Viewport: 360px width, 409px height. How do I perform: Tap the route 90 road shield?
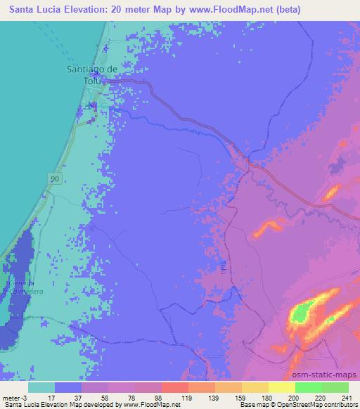click(x=55, y=180)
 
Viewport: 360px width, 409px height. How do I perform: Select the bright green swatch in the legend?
click(x=308, y=387)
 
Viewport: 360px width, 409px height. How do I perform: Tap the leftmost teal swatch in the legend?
click(x=41, y=387)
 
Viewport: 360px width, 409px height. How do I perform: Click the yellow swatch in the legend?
click(x=281, y=387)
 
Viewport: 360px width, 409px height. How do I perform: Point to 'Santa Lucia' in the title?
click(x=35, y=10)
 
